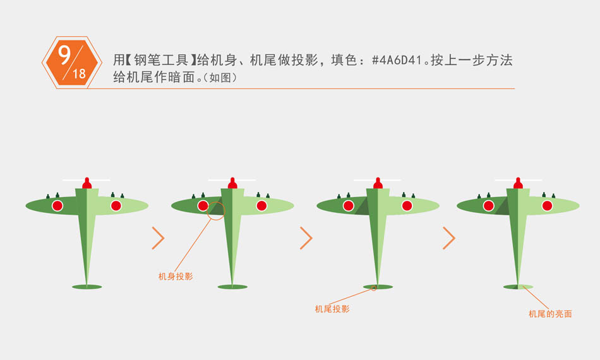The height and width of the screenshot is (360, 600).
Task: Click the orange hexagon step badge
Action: tap(72, 63)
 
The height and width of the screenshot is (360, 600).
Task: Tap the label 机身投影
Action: tap(176, 276)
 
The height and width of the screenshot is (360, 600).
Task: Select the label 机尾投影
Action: tap(332, 309)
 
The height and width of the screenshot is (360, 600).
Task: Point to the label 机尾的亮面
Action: tap(550, 314)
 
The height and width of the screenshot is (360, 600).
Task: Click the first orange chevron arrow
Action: tap(158, 238)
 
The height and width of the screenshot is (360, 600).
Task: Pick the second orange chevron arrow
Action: tap(306, 238)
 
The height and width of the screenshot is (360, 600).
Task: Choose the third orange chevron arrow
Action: tap(449, 238)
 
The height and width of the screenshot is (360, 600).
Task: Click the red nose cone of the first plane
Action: tap(87, 183)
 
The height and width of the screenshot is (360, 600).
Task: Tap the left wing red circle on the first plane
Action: tap(57, 206)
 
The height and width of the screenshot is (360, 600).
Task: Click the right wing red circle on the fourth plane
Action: tap(547, 206)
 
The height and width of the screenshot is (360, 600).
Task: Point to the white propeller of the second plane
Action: tap(232, 180)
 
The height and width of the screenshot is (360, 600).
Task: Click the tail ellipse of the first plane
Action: tap(87, 287)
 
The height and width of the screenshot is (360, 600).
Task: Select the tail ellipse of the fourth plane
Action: tap(518, 287)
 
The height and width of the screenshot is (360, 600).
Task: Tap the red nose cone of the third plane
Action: tap(378, 183)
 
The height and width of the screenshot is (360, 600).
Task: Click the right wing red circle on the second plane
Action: tap(261, 206)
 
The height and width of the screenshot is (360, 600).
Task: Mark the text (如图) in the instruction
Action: tap(223, 78)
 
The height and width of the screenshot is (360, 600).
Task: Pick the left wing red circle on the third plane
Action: tap(349, 206)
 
